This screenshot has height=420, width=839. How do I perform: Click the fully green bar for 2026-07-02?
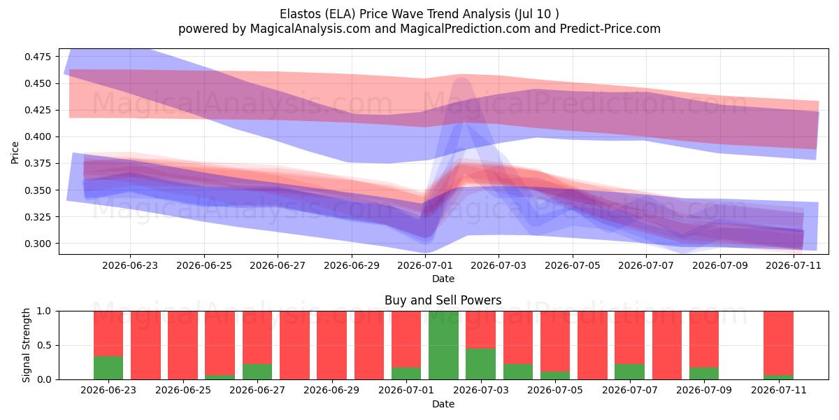(x=443, y=345)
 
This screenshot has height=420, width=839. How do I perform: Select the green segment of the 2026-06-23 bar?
(x=108, y=368)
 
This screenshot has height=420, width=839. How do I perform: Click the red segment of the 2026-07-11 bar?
(x=778, y=344)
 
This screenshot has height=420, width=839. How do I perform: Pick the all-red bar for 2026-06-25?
(x=182, y=345)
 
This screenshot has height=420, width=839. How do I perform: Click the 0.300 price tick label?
(x=38, y=244)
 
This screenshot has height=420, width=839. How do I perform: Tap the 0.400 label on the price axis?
(x=38, y=137)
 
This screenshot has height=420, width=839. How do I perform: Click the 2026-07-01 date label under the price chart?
(x=425, y=265)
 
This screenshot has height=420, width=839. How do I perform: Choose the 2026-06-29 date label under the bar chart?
(x=331, y=390)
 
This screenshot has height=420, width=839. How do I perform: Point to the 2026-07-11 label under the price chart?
(x=794, y=265)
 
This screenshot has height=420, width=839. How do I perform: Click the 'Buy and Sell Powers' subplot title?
(x=443, y=300)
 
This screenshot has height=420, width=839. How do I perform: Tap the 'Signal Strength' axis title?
(x=26, y=345)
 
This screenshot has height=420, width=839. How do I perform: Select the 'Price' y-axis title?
(x=15, y=153)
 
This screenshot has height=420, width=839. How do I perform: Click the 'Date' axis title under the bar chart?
(x=443, y=405)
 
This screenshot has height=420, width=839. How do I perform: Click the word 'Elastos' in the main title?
(x=301, y=14)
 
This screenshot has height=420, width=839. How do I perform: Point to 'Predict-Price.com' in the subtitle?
(x=610, y=29)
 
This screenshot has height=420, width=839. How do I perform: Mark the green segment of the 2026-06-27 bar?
(x=257, y=372)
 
